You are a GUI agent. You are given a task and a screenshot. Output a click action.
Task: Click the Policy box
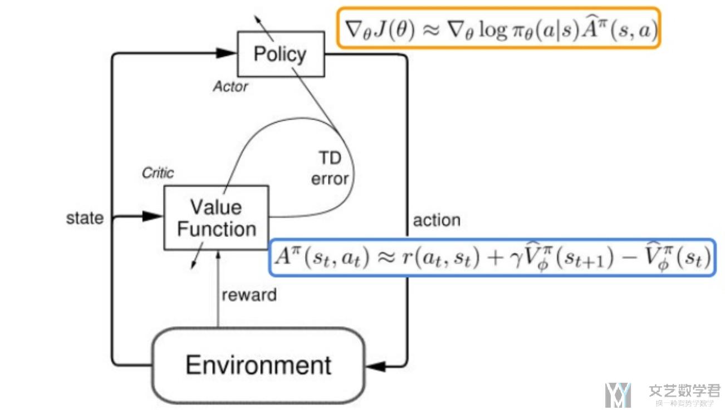281,54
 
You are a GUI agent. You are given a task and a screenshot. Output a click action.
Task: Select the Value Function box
216,218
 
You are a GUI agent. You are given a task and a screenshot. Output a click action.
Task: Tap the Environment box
258,365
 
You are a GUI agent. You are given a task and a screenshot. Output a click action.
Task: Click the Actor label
230,86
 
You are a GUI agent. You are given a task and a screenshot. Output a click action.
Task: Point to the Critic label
158,172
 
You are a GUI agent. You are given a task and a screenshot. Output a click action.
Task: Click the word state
85,218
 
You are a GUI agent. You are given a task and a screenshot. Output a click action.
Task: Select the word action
437,220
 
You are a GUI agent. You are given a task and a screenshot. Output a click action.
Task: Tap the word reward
249,294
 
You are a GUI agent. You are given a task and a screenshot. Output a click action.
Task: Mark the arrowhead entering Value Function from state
154,216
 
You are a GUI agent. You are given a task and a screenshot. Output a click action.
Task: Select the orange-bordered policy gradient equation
498,27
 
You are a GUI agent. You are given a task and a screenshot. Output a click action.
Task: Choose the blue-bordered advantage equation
492,258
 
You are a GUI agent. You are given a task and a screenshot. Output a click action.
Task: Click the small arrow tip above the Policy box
257,16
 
